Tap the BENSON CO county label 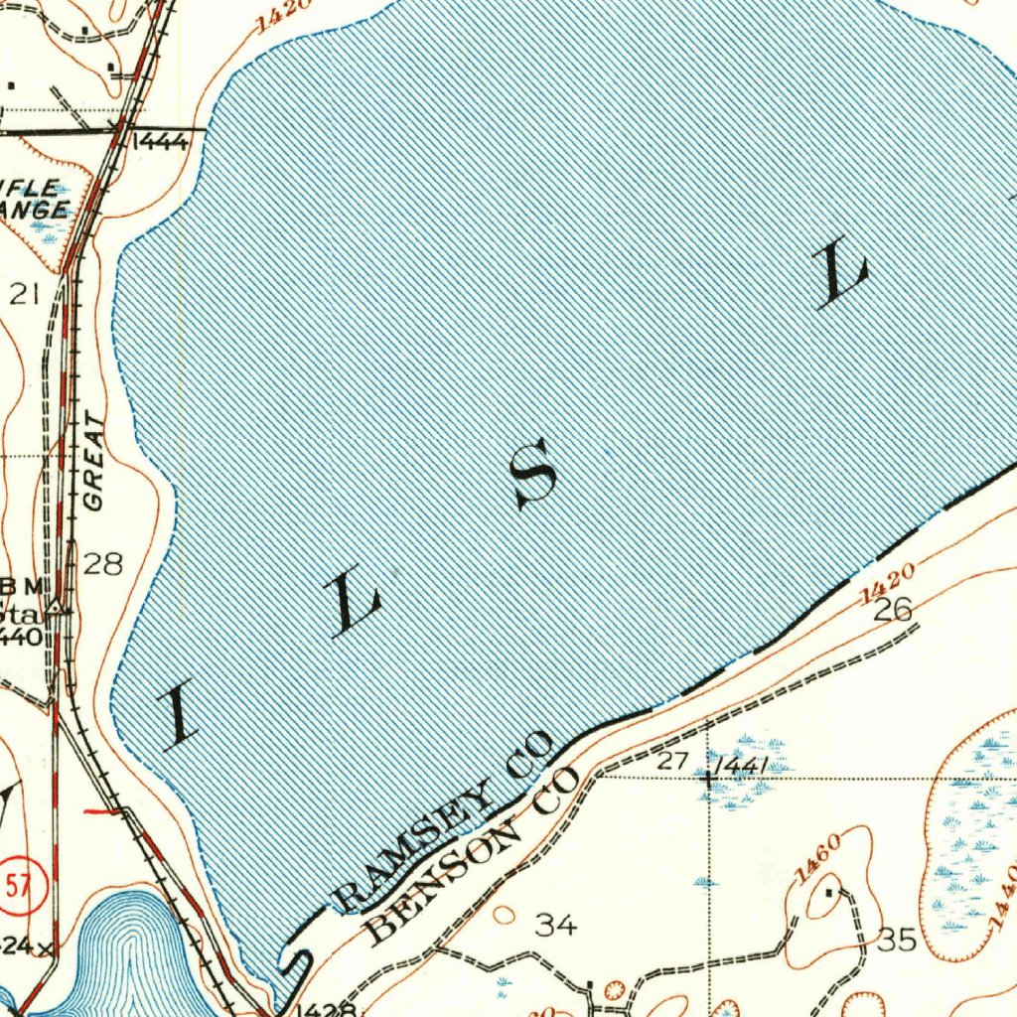tap(472, 856)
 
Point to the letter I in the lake tap(179, 716)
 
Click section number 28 tap(103, 565)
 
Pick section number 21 tap(24, 293)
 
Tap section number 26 tap(892, 610)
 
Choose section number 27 tap(672, 763)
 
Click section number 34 tap(555, 926)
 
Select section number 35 tap(897, 940)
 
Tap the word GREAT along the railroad tap(93, 462)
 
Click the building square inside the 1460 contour tap(831, 891)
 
